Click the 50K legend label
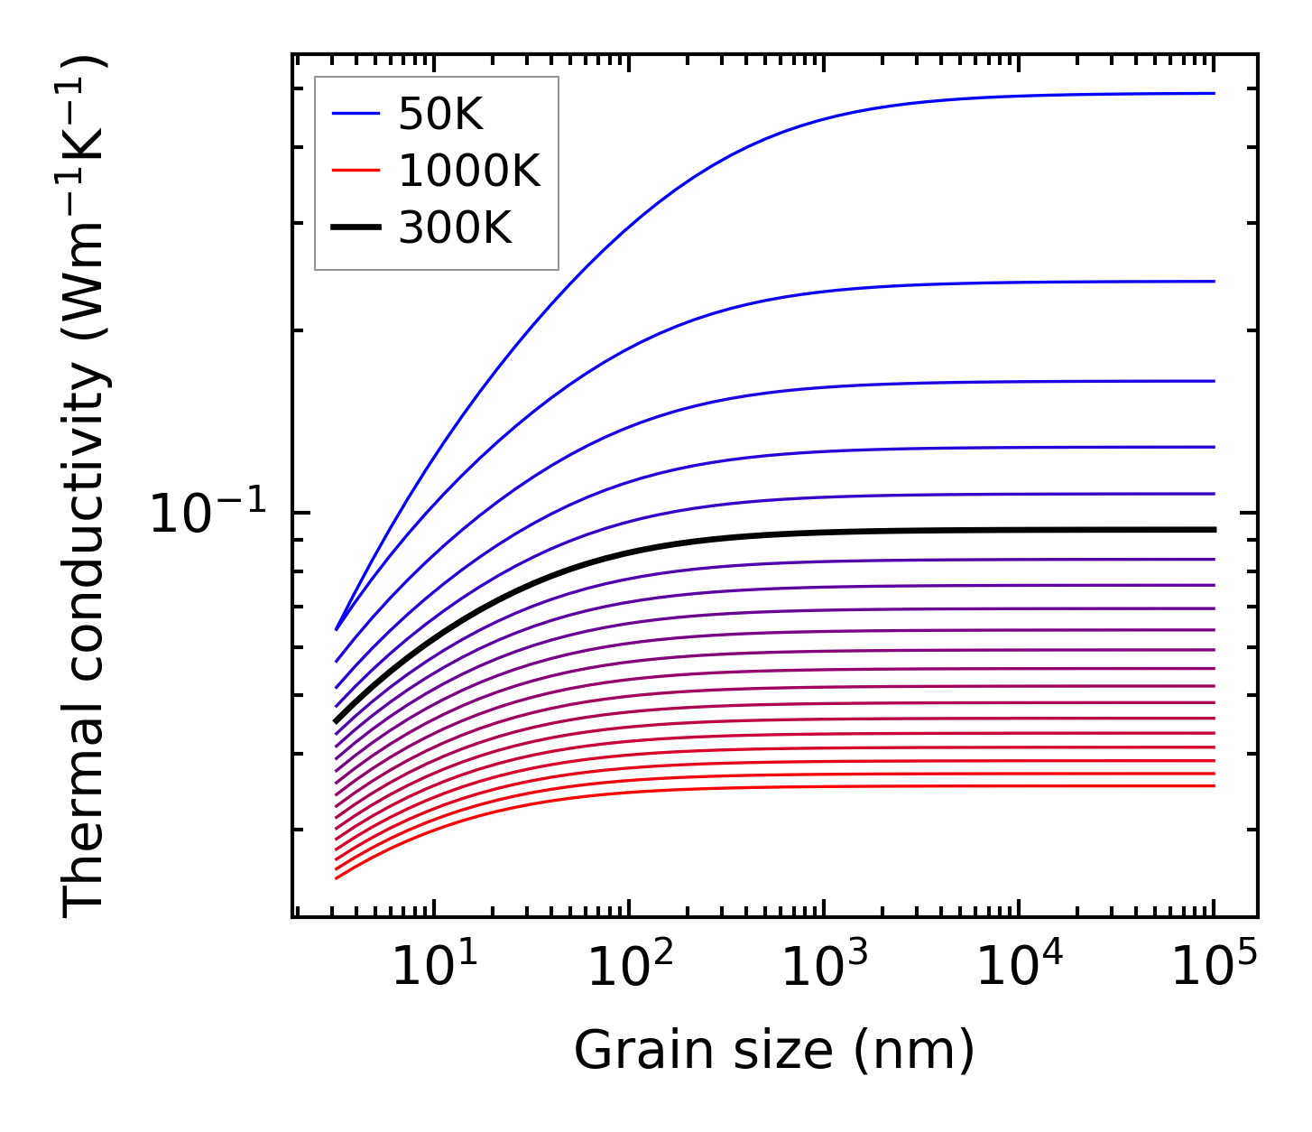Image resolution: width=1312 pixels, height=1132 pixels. pyautogui.click(x=440, y=115)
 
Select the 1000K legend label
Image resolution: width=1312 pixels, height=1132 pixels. pyautogui.click(x=468, y=172)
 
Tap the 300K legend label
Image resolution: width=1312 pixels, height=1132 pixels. pyautogui.click(x=454, y=229)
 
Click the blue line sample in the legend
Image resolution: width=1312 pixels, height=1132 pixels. pyautogui.click(x=356, y=114)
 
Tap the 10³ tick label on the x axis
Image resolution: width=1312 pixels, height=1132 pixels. pyautogui.click(x=824, y=969)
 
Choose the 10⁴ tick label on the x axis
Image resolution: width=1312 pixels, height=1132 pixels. pyautogui.click(x=1020, y=969)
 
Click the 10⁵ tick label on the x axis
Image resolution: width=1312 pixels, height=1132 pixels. pyautogui.click(x=1215, y=969)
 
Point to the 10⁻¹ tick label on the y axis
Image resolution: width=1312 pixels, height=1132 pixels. pyautogui.click(x=208, y=515)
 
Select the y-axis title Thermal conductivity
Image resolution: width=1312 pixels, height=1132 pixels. pyautogui.click(x=85, y=487)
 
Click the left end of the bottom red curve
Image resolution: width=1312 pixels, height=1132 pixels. pyautogui.click(x=336, y=877)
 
